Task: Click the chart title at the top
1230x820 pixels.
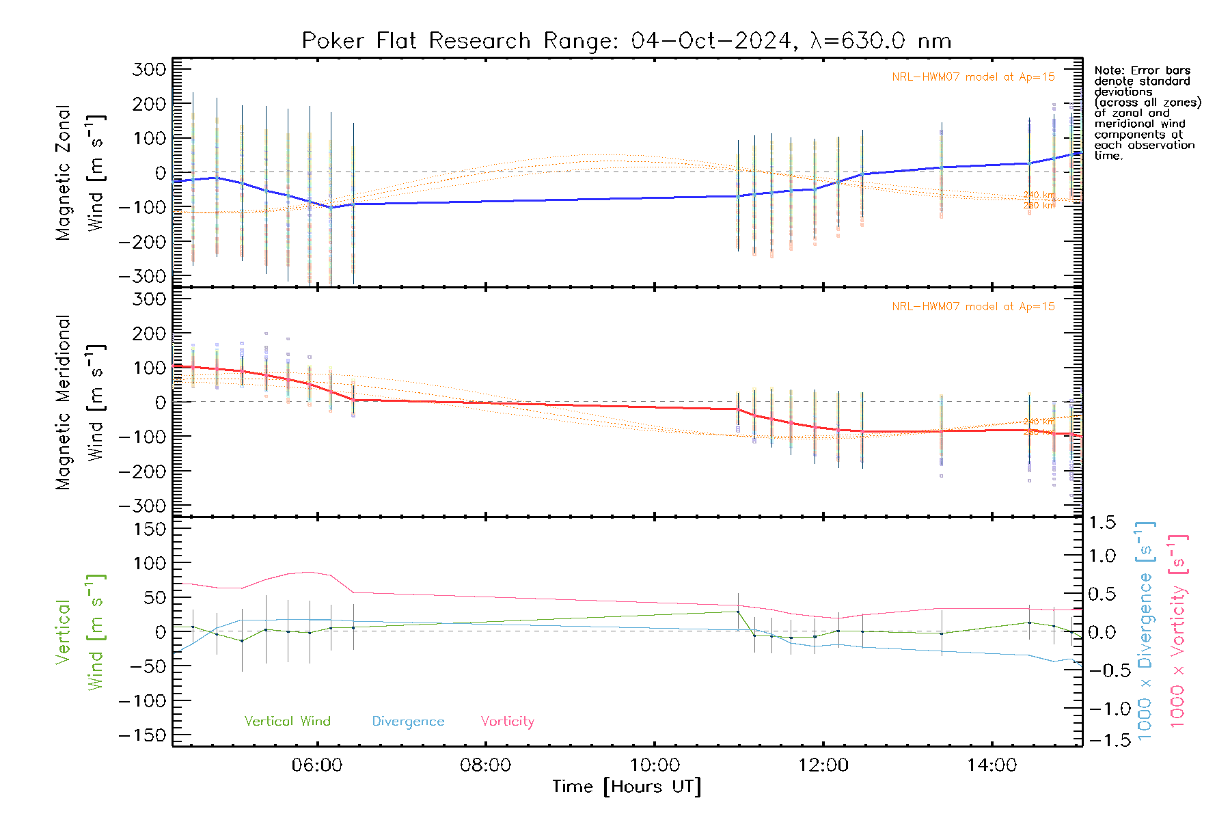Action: click(x=627, y=41)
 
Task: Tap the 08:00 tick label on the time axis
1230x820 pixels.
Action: click(x=485, y=765)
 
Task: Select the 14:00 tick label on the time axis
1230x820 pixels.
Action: click(x=992, y=765)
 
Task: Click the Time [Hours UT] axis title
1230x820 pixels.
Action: click(x=627, y=787)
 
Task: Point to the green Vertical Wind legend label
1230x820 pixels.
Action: click(x=287, y=722)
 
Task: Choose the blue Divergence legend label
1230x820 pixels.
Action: click(x=408, y=722)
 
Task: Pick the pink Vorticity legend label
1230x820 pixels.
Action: click(x=507, y=722)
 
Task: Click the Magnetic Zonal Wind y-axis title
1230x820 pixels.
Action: click(x=81, y=172)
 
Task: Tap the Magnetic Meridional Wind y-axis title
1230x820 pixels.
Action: click(x=81, y=402)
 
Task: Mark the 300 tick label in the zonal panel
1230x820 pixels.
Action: click(x=150, y=69)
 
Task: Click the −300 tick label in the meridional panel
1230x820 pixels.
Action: click(x=143, y=506)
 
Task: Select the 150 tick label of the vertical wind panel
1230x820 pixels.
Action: click(x=150, y=529)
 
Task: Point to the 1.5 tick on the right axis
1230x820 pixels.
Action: click(x=1102, y=523)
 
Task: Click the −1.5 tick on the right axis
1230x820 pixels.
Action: click(x=1102, y=740)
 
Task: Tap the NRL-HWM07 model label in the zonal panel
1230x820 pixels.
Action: click(x=973, y=77)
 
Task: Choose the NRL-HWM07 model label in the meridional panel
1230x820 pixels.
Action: click(x=973, y=307)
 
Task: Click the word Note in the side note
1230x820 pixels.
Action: click(x=1108, y=70)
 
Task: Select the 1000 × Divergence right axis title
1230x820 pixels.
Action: click(x=1145, y=630)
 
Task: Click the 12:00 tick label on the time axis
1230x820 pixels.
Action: click(x=823, y=765)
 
